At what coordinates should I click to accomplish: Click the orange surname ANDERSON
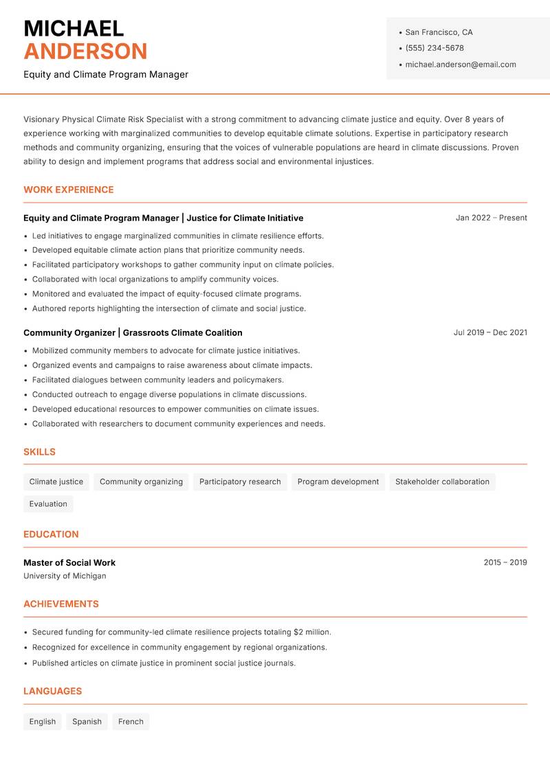point(85,52)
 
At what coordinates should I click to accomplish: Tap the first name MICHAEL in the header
point(74,28)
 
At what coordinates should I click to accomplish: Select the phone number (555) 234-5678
point(434,48)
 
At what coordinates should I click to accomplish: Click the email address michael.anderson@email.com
point(461,65)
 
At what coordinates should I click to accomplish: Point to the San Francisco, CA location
point(439,32)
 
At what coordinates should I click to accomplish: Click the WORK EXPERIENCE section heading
point(69,190)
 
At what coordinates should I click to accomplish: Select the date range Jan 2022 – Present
point(491,218)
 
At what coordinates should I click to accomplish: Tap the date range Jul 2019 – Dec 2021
point(490,332)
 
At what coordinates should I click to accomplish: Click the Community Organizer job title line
point(133,332)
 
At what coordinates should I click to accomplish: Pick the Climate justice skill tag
point(56,482)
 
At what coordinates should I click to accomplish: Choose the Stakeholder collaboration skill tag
point(442,482)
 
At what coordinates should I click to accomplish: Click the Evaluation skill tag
point(48,504)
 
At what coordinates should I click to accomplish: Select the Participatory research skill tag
point(240,482)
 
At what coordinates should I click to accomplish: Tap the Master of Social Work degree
point(69,562)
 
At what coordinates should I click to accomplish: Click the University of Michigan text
point(65,576)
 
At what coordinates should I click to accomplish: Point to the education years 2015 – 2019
point(505,562)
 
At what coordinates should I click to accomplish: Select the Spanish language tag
point(87,722)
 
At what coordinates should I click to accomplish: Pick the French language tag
point(131,722)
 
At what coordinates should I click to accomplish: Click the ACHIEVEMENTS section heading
point(61,604)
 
